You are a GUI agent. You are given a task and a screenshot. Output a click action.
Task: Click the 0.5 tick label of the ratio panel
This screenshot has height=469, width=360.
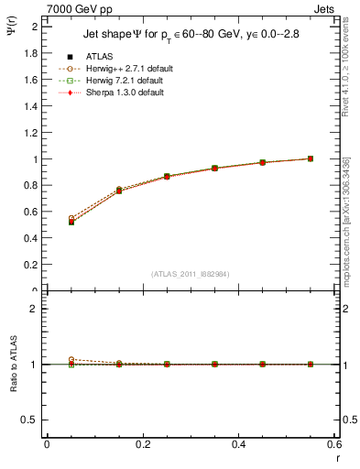point(30,420)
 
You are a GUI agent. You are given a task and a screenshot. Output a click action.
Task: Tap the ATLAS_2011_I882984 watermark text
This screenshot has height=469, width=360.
point(191,274)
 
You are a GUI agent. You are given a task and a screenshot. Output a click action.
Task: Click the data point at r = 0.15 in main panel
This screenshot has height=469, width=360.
point(119,191)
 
